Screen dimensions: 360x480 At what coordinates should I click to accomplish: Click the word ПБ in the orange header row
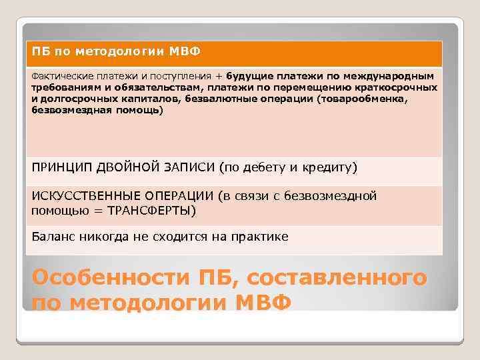click(x=39, y=51)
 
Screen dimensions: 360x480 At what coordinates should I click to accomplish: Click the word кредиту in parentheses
click(x=329, y=167)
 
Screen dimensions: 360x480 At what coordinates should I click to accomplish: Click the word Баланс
click(x=52, y=237)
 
